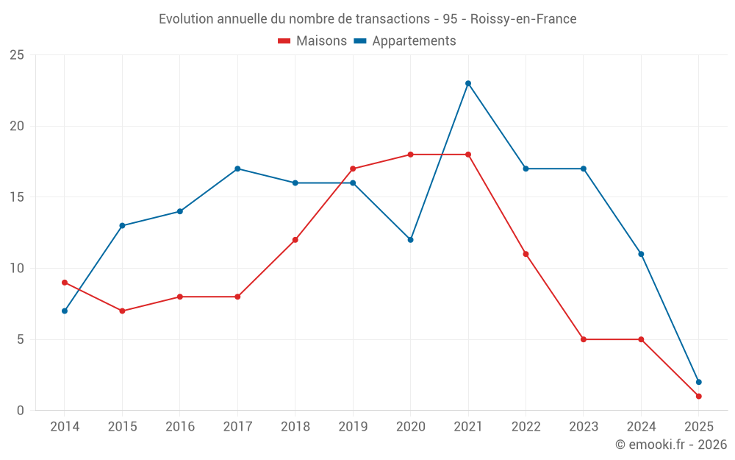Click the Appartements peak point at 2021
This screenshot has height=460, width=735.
468,83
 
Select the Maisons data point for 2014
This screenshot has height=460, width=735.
65,283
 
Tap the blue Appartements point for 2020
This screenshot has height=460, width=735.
410,240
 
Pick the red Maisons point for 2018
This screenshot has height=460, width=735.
295,240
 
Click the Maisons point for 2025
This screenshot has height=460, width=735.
698,397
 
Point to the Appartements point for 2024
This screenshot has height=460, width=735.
641,254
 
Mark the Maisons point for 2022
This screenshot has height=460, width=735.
526,254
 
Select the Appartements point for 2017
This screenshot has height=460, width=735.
237,169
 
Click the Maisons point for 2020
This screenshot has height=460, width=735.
410,155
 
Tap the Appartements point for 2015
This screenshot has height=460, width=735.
122,226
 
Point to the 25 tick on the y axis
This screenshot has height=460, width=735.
16,55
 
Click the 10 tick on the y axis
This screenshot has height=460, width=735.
16,269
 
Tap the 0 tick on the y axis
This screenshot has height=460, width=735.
20,411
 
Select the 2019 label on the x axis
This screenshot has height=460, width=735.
353,427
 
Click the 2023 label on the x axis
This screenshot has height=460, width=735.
583,427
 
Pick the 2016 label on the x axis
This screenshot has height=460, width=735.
180,427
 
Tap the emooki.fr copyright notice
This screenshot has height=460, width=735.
671,445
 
